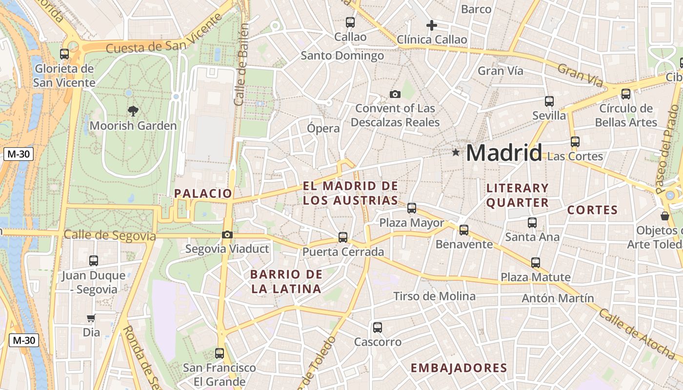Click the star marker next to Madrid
(456, 153)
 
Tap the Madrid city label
(503, 153)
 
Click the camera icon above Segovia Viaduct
(227, 235)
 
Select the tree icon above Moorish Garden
(132, 111)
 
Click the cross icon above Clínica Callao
(431, 25)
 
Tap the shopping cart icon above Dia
(91, 318)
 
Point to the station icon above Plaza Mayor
(412, 208)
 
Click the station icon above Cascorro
(377, 328)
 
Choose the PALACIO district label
(203, 194)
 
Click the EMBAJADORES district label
(459, 368)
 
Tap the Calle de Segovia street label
(110, 236)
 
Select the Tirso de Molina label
(434, 296)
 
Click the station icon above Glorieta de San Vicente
(64, 54)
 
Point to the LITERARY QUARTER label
(517, 195)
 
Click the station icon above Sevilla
(549, 101)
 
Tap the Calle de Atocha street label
(636, 333)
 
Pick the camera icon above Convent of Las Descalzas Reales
(395, 94)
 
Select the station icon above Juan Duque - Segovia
(93, 261)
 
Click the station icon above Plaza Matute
(536, 263)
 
